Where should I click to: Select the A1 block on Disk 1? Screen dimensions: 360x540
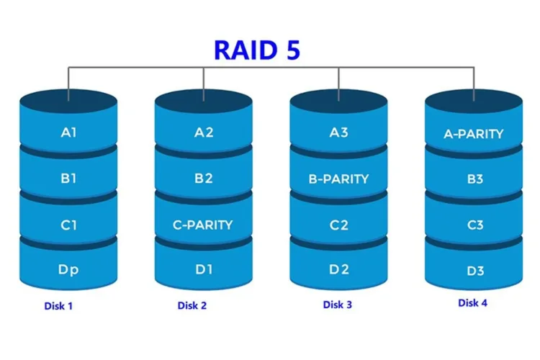68,132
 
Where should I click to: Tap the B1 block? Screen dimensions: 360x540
68,179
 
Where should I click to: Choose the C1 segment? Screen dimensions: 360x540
68,225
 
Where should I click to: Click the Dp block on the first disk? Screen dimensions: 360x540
68,270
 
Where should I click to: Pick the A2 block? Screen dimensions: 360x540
204,132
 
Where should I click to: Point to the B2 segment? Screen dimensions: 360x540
204,179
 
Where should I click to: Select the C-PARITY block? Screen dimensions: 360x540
204,225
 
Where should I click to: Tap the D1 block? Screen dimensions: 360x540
204,270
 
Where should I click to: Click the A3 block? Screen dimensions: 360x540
339,132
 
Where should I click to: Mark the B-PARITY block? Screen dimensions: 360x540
339,179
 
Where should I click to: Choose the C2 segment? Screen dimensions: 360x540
339,225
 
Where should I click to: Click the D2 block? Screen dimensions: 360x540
339,270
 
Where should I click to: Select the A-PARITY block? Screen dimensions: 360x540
474,133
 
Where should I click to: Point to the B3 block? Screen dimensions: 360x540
474,179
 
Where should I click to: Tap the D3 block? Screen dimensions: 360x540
474,271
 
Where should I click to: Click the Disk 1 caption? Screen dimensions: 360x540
58,306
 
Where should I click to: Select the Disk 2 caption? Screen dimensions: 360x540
192,306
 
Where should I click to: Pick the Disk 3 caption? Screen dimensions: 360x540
337,305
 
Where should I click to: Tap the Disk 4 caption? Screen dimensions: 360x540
472,303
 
